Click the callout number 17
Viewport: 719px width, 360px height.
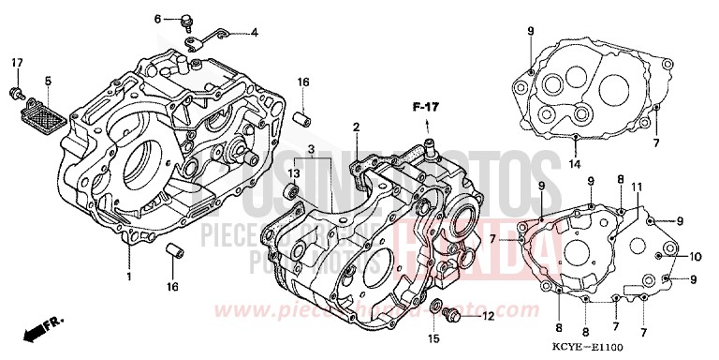pos(16,63)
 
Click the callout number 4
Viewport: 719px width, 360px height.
pos(254,33)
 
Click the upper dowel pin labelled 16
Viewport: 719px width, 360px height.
pos(302,120)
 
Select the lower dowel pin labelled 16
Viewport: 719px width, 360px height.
pos(171,252)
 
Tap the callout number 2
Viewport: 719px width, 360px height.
pos(357,127)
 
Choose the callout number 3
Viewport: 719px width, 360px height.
pos(310,149)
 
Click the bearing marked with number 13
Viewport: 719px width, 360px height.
pos(292,190)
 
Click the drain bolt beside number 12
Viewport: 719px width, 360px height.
pos(453,315)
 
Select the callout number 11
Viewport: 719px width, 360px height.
pos(637,188)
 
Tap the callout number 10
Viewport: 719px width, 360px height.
pos(695,256)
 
